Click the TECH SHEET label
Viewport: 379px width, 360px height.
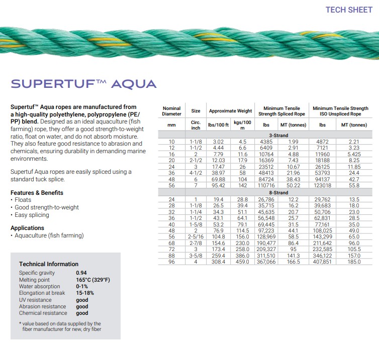(349, 10)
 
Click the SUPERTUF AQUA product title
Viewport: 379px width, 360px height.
(83, 84)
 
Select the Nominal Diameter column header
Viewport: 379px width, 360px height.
(171, 111)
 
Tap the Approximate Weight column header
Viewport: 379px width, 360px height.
(230, 111)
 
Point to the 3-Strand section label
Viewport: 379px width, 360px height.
(277, 135)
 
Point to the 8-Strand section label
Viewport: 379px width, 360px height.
(277, 193)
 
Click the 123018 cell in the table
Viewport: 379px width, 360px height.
(322, 186)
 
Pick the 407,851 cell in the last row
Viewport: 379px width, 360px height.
(322, 262)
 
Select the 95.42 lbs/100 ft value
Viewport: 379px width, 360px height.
(218, 186)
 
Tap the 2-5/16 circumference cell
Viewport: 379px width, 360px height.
(196, 236)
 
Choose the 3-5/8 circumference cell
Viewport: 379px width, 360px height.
(196, 256)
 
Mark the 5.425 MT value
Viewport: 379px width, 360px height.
(354, 154)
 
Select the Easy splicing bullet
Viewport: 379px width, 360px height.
(32, 215)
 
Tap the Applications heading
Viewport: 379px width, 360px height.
(27, 228)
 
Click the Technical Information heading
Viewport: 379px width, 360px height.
(49, 264)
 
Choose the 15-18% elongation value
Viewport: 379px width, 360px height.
(84, 293)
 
